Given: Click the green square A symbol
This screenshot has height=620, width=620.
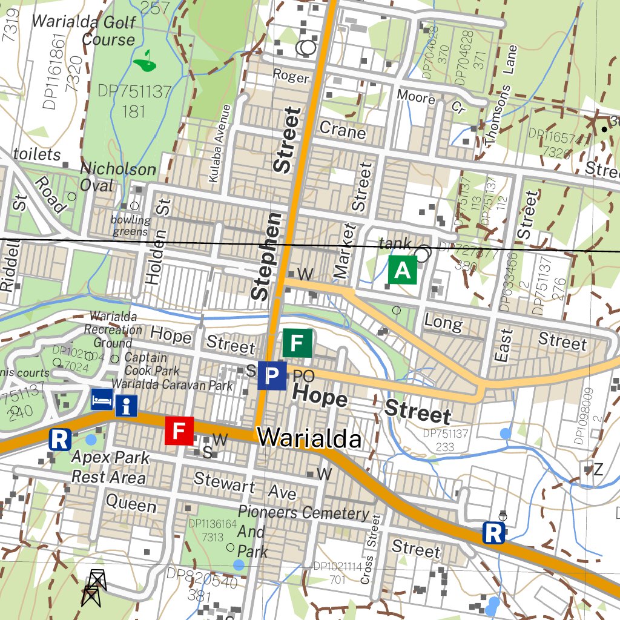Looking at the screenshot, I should click(403, 270).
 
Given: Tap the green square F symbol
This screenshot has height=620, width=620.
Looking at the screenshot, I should click(297, 343).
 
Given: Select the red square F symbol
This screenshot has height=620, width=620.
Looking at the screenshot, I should click(179, 430).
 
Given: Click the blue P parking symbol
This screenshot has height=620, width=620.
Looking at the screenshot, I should click(272, 376).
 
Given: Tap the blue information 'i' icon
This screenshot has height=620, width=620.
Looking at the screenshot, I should click(126, 406).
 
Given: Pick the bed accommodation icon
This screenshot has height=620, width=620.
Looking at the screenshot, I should click(102, 399).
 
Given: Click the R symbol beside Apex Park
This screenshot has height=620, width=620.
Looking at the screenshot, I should click(59, 440).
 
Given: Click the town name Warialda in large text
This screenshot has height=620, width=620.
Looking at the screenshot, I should click(309, 438).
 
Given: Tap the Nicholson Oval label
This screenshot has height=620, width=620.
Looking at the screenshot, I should click(118, 176).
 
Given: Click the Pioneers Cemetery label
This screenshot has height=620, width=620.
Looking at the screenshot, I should click(303, 513).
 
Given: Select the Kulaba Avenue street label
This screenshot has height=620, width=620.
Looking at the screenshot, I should click(219, 143).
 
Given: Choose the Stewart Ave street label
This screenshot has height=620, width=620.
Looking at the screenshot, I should click(245, 487).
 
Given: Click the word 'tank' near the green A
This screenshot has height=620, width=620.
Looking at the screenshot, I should click(395, 243).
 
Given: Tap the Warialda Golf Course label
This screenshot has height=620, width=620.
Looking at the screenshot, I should click(83, 30).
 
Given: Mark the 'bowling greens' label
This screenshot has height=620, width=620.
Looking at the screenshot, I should click(130, 225).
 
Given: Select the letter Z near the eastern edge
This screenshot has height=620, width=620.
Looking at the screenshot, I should click(598, 469).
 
